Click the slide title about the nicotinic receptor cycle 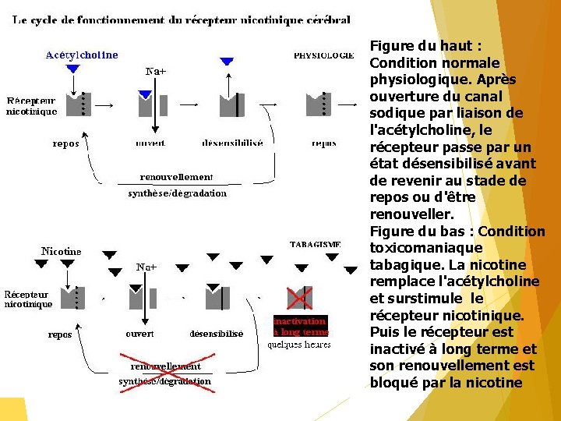click(182, 19)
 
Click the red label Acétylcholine click(82, 55)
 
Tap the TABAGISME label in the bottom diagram click(316, 244)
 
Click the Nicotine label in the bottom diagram click(61, 252)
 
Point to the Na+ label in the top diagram click(157, 72)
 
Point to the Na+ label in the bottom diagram click(146, 267)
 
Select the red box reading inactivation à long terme click(300, 327)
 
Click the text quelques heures click(300, 344)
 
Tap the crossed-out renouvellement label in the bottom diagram click(164, 366)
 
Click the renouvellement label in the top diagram click(176, 177)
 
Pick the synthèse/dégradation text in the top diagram click(177, 193)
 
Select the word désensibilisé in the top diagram click(232, 143)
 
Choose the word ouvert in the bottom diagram click(139, 334)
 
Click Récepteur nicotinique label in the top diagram click(32, 106)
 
